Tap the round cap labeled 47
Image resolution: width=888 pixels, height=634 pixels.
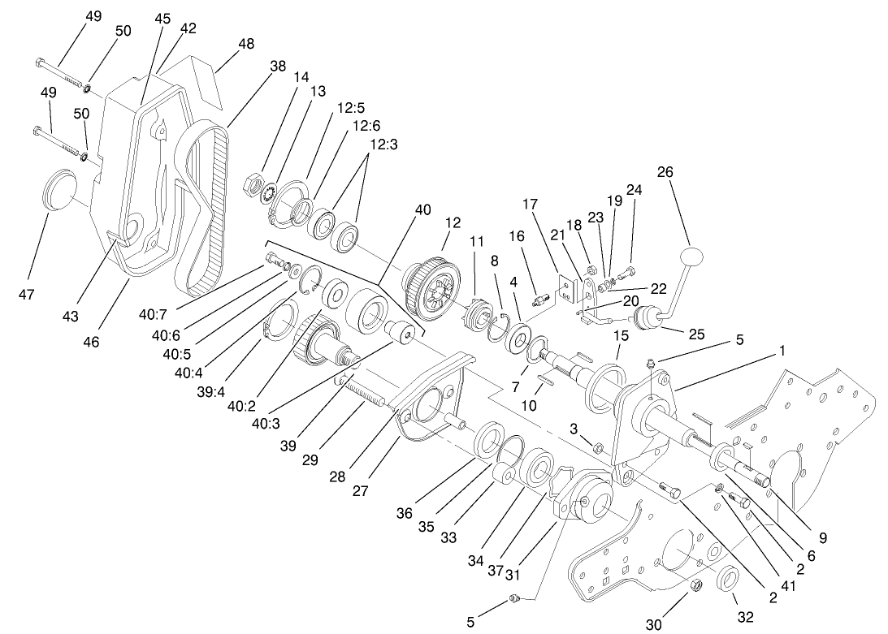click(x=56, y=188)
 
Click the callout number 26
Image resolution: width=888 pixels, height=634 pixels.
click(x=665, y=172)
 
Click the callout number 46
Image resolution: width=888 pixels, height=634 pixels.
click(x=91, y=343)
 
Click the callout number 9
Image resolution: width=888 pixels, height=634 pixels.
click(x=822, y=537)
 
